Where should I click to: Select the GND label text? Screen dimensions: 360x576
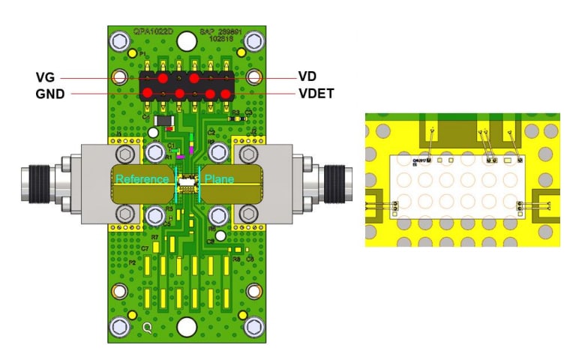[49, 94]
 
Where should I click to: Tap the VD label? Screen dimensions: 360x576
[307, 77]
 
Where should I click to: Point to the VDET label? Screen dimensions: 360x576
[315, 94]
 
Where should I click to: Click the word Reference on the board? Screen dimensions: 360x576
[143, 180]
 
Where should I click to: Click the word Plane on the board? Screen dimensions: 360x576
[219, 180]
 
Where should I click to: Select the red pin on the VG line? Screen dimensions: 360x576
[162, 78]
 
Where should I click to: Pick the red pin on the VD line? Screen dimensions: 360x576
[193, 78]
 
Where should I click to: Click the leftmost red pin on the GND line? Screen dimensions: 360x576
[148, 93]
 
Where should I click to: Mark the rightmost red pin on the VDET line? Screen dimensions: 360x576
[225, 94]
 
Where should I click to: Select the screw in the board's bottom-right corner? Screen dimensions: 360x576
[253, 326]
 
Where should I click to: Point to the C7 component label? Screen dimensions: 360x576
[145, 248]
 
